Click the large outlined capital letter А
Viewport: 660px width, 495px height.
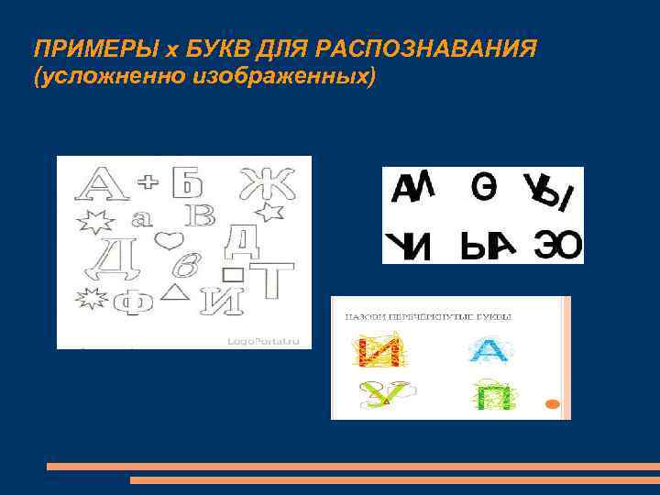(104, 183)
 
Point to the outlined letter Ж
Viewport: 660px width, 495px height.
(269, 184)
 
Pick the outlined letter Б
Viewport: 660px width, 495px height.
(187, 181)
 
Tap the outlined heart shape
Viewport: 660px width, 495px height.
(166, 241)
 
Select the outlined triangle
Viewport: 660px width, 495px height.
(173, 292)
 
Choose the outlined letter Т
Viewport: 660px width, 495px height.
(271, 279)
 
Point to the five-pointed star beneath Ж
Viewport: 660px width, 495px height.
(268, 214)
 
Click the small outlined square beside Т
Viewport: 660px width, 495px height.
(235, 273)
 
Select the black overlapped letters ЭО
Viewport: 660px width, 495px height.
(556, 244)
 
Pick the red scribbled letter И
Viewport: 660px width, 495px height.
(375, 350)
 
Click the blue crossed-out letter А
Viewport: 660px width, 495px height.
(487, 350)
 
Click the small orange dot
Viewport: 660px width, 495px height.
(552, 404)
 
